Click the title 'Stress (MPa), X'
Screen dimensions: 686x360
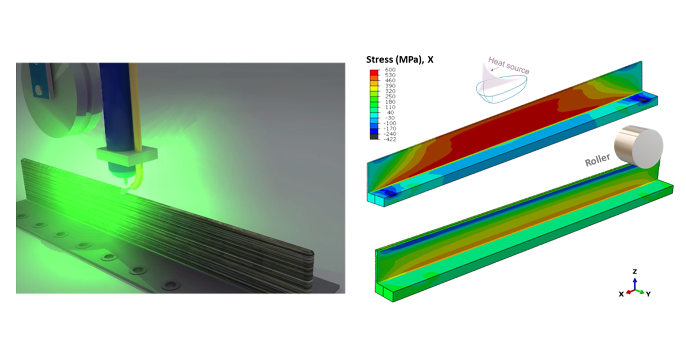pos(400,59)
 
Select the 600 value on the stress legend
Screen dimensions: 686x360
pos(390,70)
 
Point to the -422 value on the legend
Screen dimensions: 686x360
pos(389,139)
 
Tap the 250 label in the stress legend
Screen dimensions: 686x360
pos(390,97)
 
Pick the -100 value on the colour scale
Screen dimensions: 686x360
pos(389,123)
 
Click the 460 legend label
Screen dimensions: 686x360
pos(390,80)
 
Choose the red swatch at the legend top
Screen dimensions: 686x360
pos(374,72)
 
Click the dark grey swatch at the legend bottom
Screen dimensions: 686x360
pos(374,137)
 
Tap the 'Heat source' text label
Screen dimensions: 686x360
pos(509,66)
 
